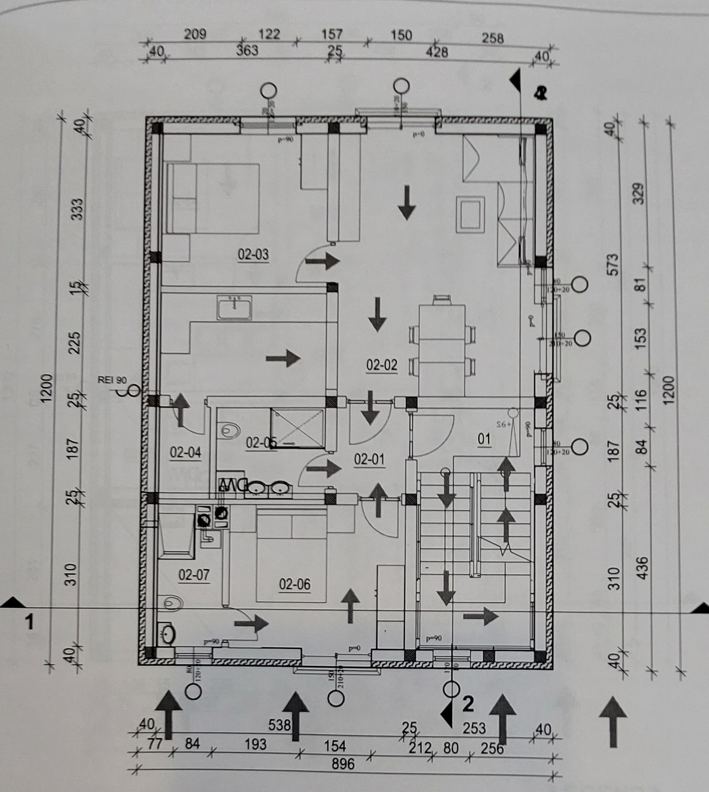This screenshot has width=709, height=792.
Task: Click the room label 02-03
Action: (x=253, y=255)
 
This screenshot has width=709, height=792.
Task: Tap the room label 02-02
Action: (x=382, y=365)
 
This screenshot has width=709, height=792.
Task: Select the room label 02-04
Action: (x=185, y=452)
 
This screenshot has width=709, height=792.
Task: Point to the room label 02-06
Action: (x=295, y=584)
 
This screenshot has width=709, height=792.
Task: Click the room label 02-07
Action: (x=194, y=575)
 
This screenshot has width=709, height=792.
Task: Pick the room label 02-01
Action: (x=369, y=459)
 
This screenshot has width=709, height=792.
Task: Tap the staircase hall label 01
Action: (x=484, y=439)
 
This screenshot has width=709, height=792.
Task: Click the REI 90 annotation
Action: (x=112, y=380)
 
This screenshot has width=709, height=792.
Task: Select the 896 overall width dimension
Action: (x=343, y=764)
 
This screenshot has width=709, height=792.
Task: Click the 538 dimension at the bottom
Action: (x=279, y=724)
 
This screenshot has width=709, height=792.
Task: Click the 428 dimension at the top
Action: (x=437, y=52)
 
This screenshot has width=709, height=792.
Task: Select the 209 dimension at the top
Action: (x=195, y=34)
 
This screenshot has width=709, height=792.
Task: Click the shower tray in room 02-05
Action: (x=297, y=428)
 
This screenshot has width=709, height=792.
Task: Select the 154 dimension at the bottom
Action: (x=335, y=746)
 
